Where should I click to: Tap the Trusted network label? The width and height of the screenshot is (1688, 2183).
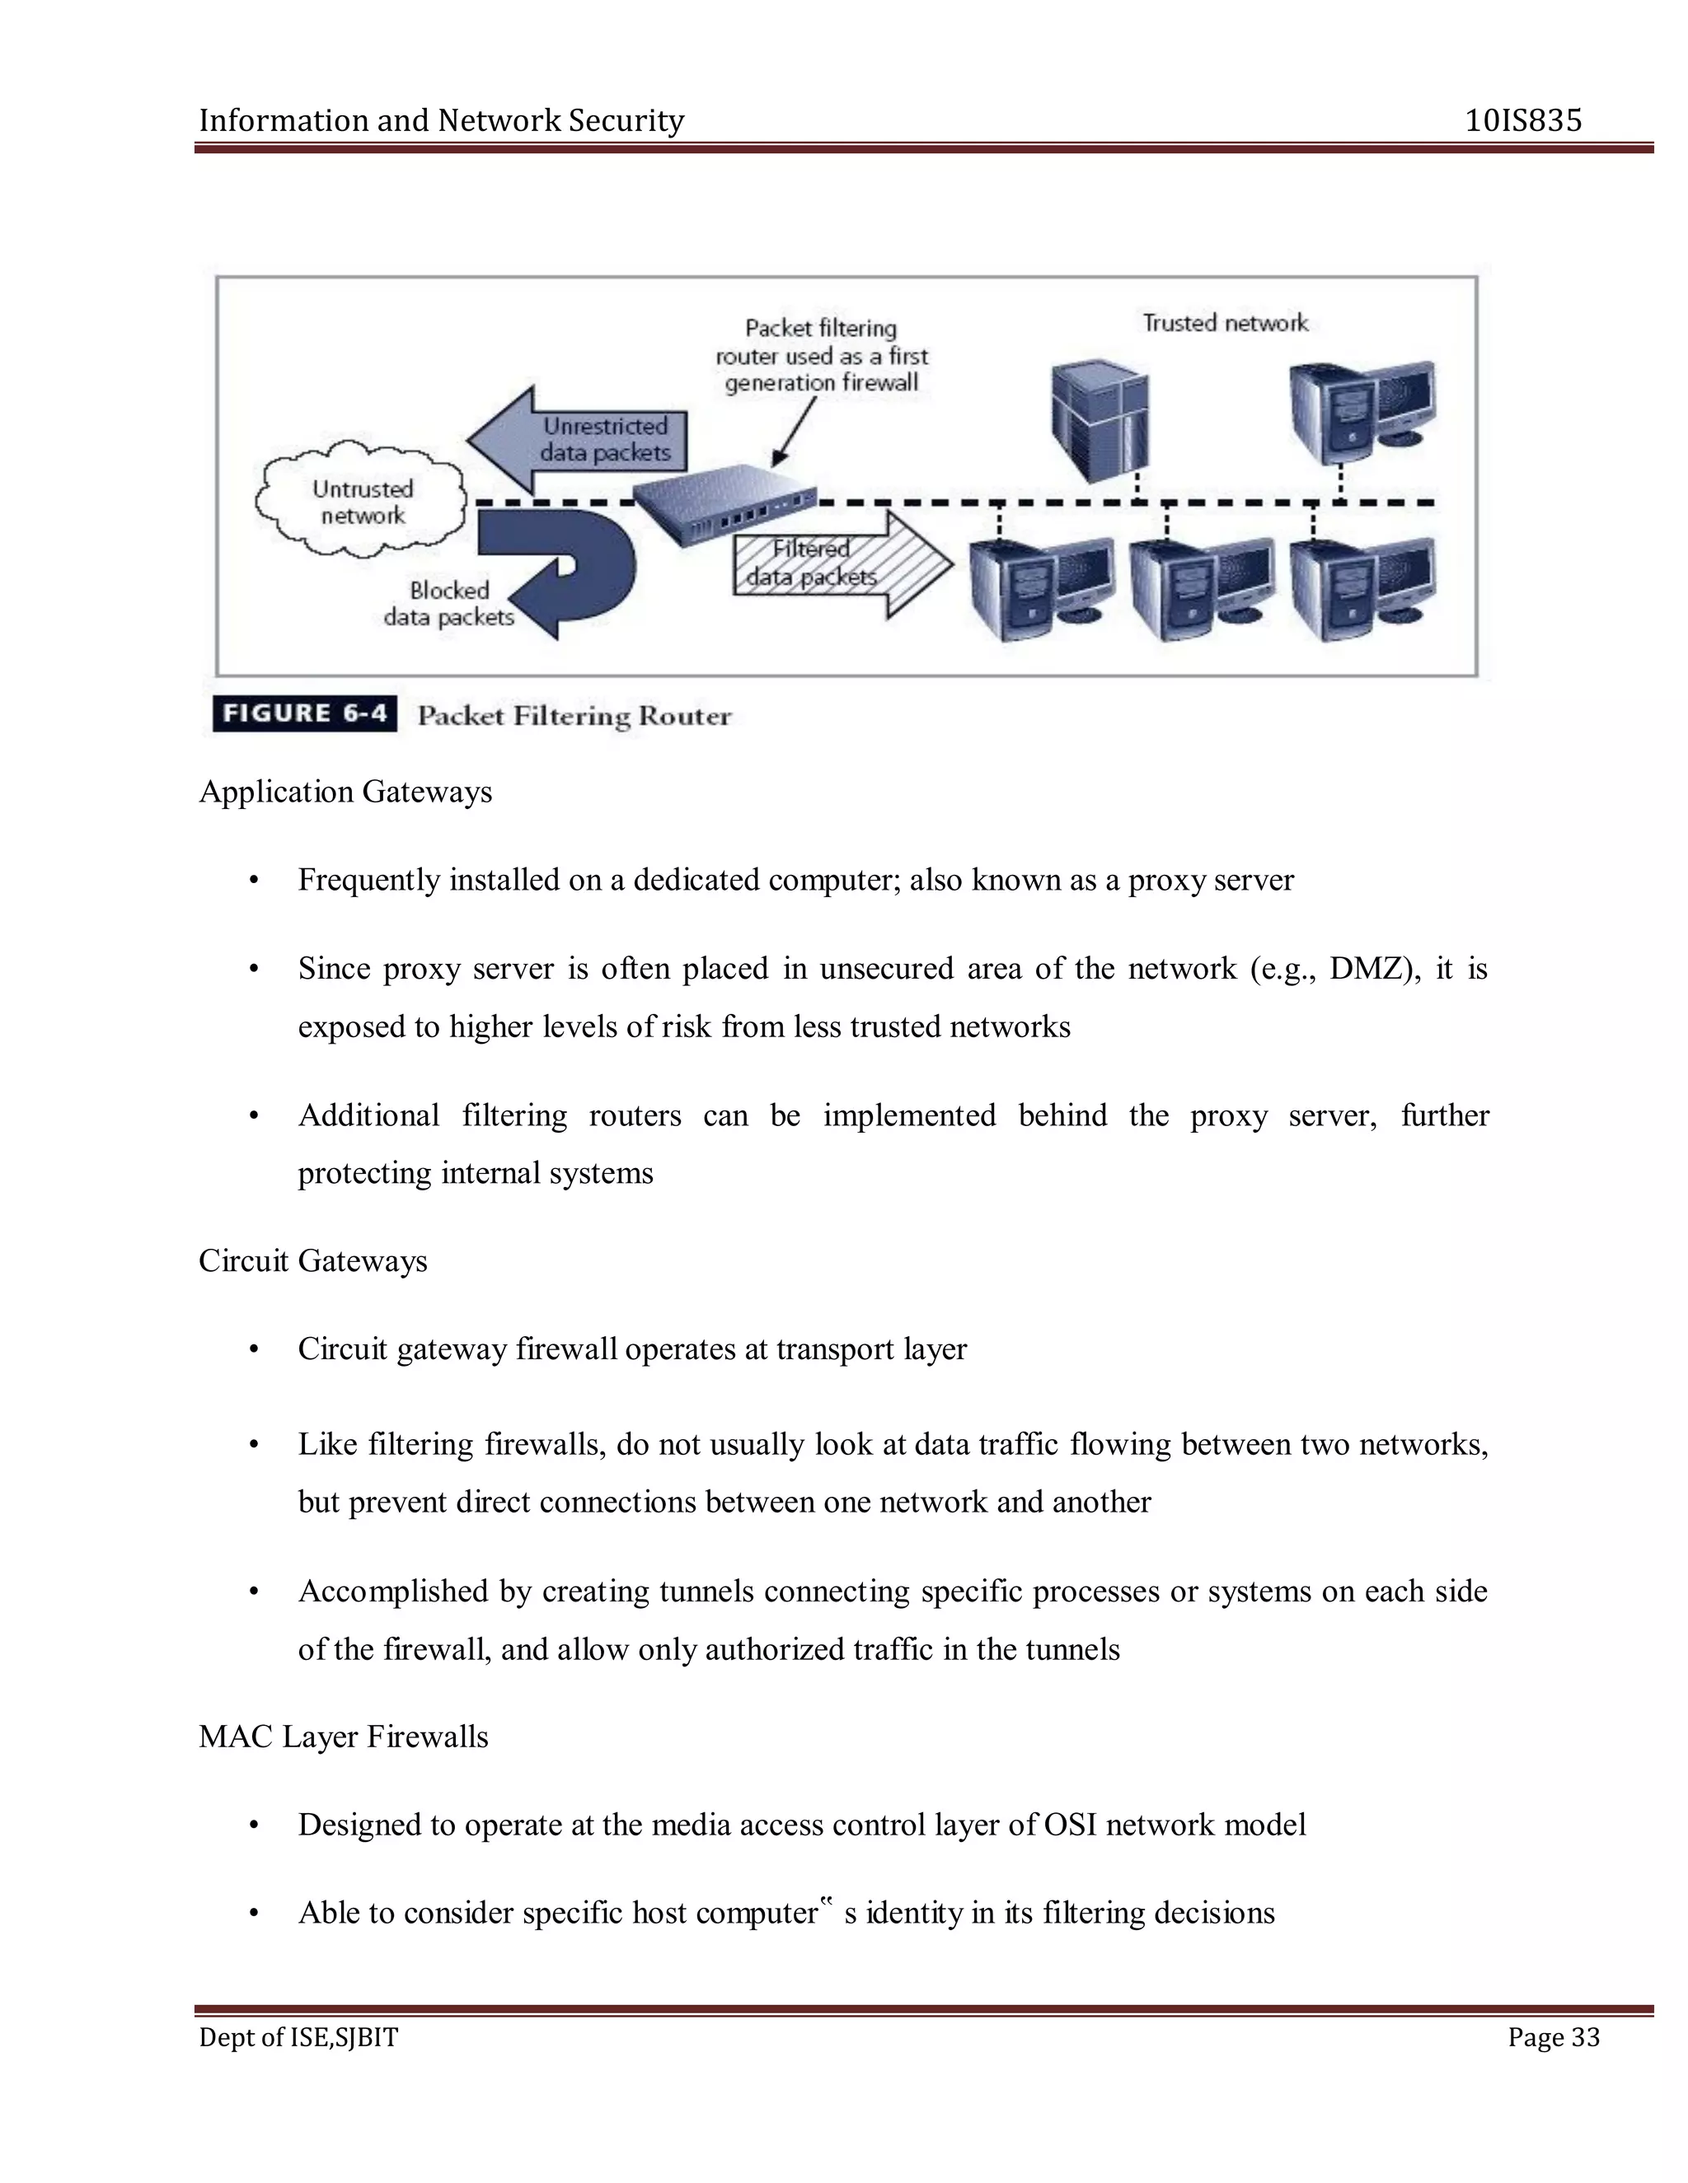point(1225,323)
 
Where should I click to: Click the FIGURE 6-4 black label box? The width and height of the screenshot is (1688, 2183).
point(304,713)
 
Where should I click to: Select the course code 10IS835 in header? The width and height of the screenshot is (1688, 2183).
point(1523,121)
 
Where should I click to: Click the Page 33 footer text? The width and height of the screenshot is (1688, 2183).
point(1553,2037)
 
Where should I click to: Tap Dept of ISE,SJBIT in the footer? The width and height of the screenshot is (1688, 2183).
point(298,2037)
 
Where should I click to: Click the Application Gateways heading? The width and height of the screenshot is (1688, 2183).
point(345,792)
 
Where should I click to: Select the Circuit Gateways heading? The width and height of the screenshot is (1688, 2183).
point(312,1260)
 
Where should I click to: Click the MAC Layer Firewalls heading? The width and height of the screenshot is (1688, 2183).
point(343,1737)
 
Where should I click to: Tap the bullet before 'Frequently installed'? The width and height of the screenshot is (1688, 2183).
point(254,881)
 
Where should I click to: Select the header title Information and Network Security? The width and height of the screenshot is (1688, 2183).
point(441,121)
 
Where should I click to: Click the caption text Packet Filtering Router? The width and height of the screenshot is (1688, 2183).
point(574,716)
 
